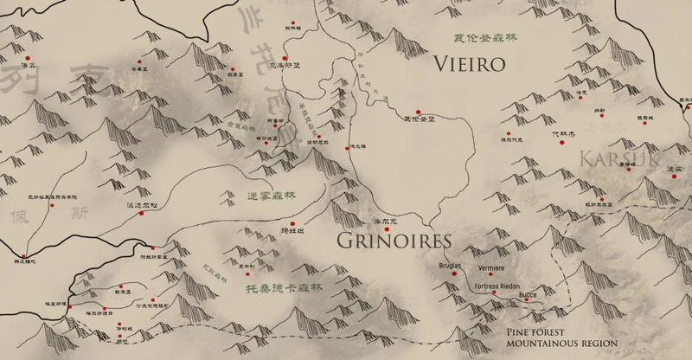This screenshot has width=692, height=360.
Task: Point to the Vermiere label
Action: [x=492, y=268]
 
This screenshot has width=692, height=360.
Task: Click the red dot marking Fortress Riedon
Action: [x=493, y=294]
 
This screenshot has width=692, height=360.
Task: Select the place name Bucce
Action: [x=526, y=295]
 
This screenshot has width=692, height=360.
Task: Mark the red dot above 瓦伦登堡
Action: [x=418, y=112]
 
